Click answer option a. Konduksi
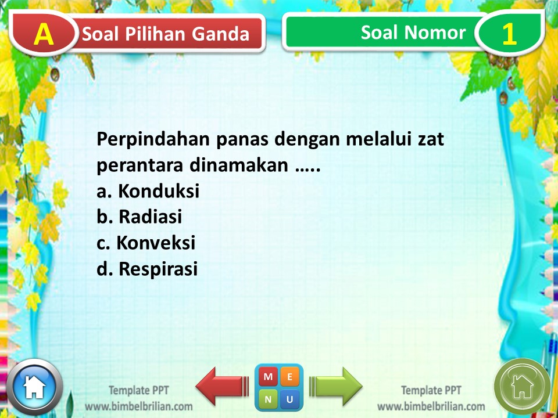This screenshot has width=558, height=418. click(148, 191)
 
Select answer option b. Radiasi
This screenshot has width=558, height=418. click(139, 217)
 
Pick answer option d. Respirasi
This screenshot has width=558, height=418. click(147, 269)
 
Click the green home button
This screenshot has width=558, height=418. click(522, 386)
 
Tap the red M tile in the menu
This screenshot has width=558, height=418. click(267, 376)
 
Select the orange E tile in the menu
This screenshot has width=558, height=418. click(290, 376)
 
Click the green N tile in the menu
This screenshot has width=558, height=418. click(267, 399)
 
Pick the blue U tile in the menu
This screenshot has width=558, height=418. click(290, 399)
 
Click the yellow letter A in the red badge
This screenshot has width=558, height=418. click(43, 34)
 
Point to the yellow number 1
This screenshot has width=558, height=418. click(509, 34)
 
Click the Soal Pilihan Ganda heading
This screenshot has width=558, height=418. click(166, 34)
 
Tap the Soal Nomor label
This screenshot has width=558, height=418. click(413, 33)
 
